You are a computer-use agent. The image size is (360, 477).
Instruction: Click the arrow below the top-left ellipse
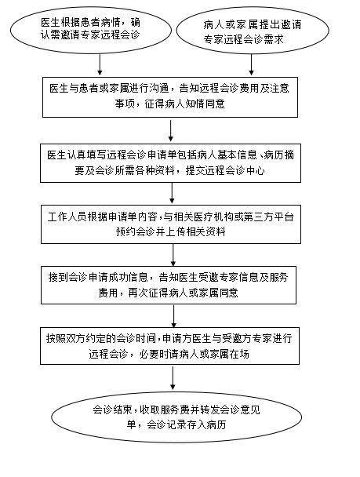[100, 64]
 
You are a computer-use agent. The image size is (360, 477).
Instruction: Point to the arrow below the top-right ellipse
[251, 65]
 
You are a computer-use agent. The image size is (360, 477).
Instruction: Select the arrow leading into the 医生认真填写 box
[170, 131]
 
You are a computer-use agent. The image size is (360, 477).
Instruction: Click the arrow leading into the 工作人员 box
[172, 193]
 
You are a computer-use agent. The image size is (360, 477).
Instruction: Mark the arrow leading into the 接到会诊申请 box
[173, 255]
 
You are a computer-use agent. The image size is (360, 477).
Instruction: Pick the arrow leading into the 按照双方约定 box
[174, 316]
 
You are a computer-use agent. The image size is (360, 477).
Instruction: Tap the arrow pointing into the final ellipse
[173, 378]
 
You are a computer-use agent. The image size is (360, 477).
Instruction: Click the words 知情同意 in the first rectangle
[205, 104]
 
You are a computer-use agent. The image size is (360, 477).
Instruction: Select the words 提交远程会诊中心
[225, 170]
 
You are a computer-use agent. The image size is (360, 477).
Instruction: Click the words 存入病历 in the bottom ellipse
[206, 424]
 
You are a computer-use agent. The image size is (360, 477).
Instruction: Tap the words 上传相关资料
[195, 231]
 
